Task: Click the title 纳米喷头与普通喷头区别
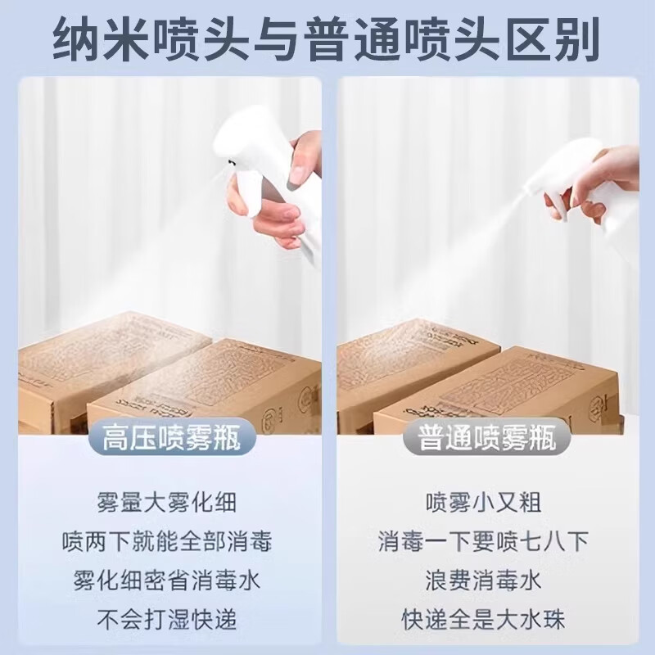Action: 327,41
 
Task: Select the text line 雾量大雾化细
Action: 167,501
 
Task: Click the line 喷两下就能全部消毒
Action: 167,540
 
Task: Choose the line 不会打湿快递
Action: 167,620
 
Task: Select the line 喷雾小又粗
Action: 483,501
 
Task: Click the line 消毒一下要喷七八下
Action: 483,540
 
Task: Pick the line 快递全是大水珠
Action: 483,620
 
